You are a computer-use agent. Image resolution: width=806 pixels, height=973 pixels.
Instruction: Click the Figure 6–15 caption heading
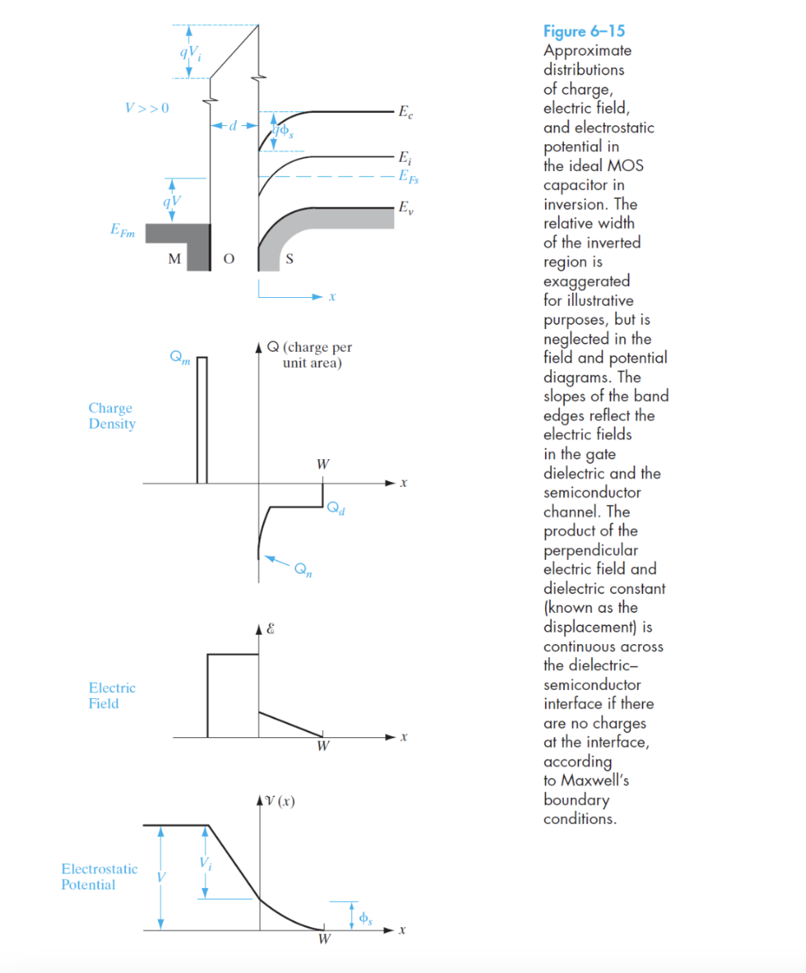point(583,32)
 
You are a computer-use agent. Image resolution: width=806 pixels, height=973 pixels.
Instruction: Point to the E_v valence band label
point(404,208)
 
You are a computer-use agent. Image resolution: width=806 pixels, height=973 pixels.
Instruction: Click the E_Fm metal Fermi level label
point(124,232)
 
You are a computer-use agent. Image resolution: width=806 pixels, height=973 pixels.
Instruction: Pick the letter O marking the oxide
point(228,259)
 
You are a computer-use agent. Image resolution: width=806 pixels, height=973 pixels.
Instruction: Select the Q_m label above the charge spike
point(180,358)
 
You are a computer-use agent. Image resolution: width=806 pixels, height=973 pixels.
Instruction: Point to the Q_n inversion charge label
point(304,570)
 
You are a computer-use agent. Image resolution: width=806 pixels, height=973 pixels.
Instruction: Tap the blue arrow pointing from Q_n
point(279,561)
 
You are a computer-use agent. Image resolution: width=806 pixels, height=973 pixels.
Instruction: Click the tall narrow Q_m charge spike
point(202,421)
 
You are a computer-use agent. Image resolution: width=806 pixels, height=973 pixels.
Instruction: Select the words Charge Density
point(112,416)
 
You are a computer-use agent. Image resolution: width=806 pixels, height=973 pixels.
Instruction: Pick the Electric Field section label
point(113,696)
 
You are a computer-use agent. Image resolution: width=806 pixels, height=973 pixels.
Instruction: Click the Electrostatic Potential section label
point(99,876)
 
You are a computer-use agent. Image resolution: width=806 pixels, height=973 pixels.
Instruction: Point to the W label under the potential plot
point(323,939)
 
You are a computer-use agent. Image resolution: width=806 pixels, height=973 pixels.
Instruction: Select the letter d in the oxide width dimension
point(233,126)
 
